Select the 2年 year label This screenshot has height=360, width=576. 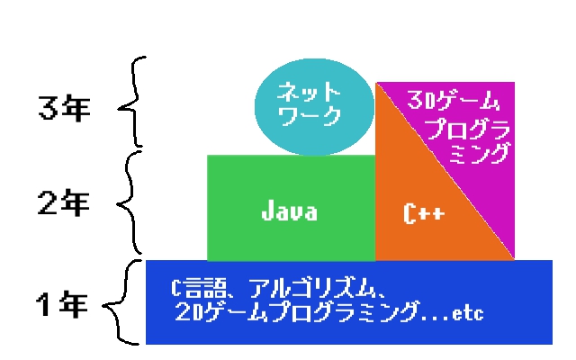click(64, 204)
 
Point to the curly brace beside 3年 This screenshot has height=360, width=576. click(131, 102)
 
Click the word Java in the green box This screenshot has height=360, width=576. click(289, 213)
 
